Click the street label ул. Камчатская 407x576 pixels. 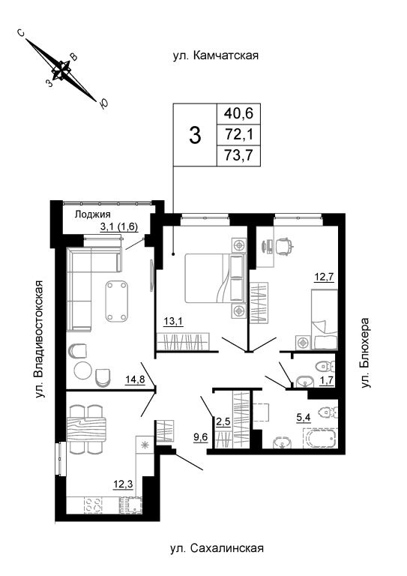click(x=216, y=55)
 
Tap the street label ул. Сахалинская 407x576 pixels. click(x=217, y=548)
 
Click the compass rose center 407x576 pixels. click(x=61, y=70)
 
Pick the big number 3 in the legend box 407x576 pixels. click(x=195, y=135)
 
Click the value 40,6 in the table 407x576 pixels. click(x=239, y=113)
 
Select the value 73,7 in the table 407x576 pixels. click(x=239, y=156)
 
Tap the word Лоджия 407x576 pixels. click(x=92, y=214)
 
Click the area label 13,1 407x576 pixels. click(x=173, y=322)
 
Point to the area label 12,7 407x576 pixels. click(x=324, y=277)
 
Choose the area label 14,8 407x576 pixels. click(x=135, y=380)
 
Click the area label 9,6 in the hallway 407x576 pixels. click(x=200, y=436)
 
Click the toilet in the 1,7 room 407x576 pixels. click(x=325, y=366)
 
